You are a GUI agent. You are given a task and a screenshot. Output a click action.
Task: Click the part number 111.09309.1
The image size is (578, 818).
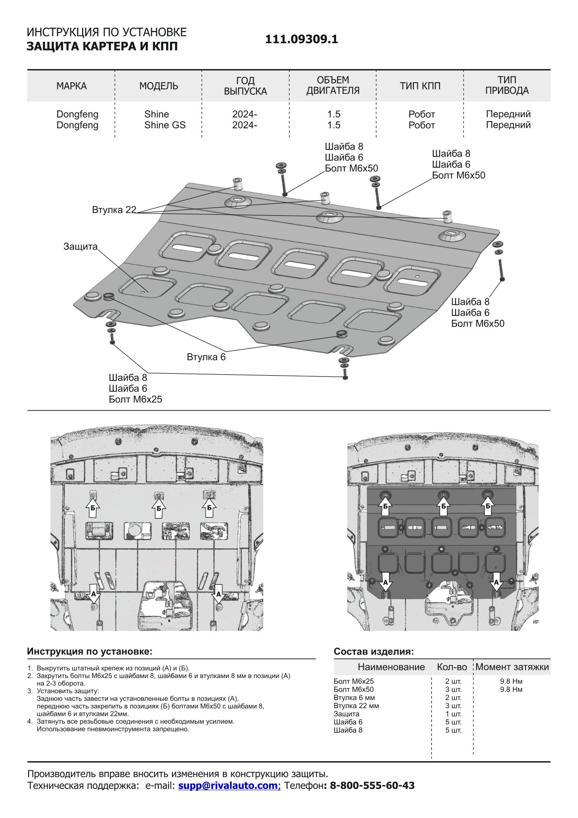click(301, 40)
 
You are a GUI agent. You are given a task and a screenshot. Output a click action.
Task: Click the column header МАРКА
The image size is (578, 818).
click(71, 86)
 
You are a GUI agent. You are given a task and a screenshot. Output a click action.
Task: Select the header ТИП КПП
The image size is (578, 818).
click(420, 86)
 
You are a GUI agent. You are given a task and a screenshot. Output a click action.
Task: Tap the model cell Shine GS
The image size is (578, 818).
click(165, 125)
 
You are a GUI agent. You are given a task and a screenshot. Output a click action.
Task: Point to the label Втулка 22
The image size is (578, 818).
click(114, 210)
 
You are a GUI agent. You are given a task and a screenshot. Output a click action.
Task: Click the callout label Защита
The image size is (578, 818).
click(81, 246)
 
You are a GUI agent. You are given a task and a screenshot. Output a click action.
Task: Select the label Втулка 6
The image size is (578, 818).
click(206, 357)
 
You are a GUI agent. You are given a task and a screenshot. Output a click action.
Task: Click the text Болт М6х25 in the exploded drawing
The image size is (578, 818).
click(136, 400)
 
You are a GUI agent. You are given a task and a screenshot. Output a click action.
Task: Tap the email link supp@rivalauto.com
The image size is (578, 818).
click(229, 785)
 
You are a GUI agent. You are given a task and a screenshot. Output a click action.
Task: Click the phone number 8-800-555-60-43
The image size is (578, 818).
click(372, 785)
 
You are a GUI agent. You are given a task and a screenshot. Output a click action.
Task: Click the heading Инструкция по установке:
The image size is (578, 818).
click(89, 651)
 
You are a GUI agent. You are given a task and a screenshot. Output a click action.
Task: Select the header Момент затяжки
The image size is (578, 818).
click(512, 667)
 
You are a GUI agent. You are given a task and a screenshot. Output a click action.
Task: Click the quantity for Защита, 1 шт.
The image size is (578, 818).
click(453, 714)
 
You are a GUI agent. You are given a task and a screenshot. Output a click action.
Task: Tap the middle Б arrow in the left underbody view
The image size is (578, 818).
click(159, 508)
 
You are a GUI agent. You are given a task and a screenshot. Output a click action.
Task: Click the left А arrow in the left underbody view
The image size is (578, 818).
click(94, 593)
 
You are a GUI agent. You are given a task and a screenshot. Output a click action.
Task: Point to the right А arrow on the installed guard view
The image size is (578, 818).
click(496, 581)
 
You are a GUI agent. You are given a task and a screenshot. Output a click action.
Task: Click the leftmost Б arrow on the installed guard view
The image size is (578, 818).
click(386, 506)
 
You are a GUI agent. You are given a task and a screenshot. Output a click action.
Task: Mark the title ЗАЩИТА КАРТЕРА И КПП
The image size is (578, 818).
click(102, 46)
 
